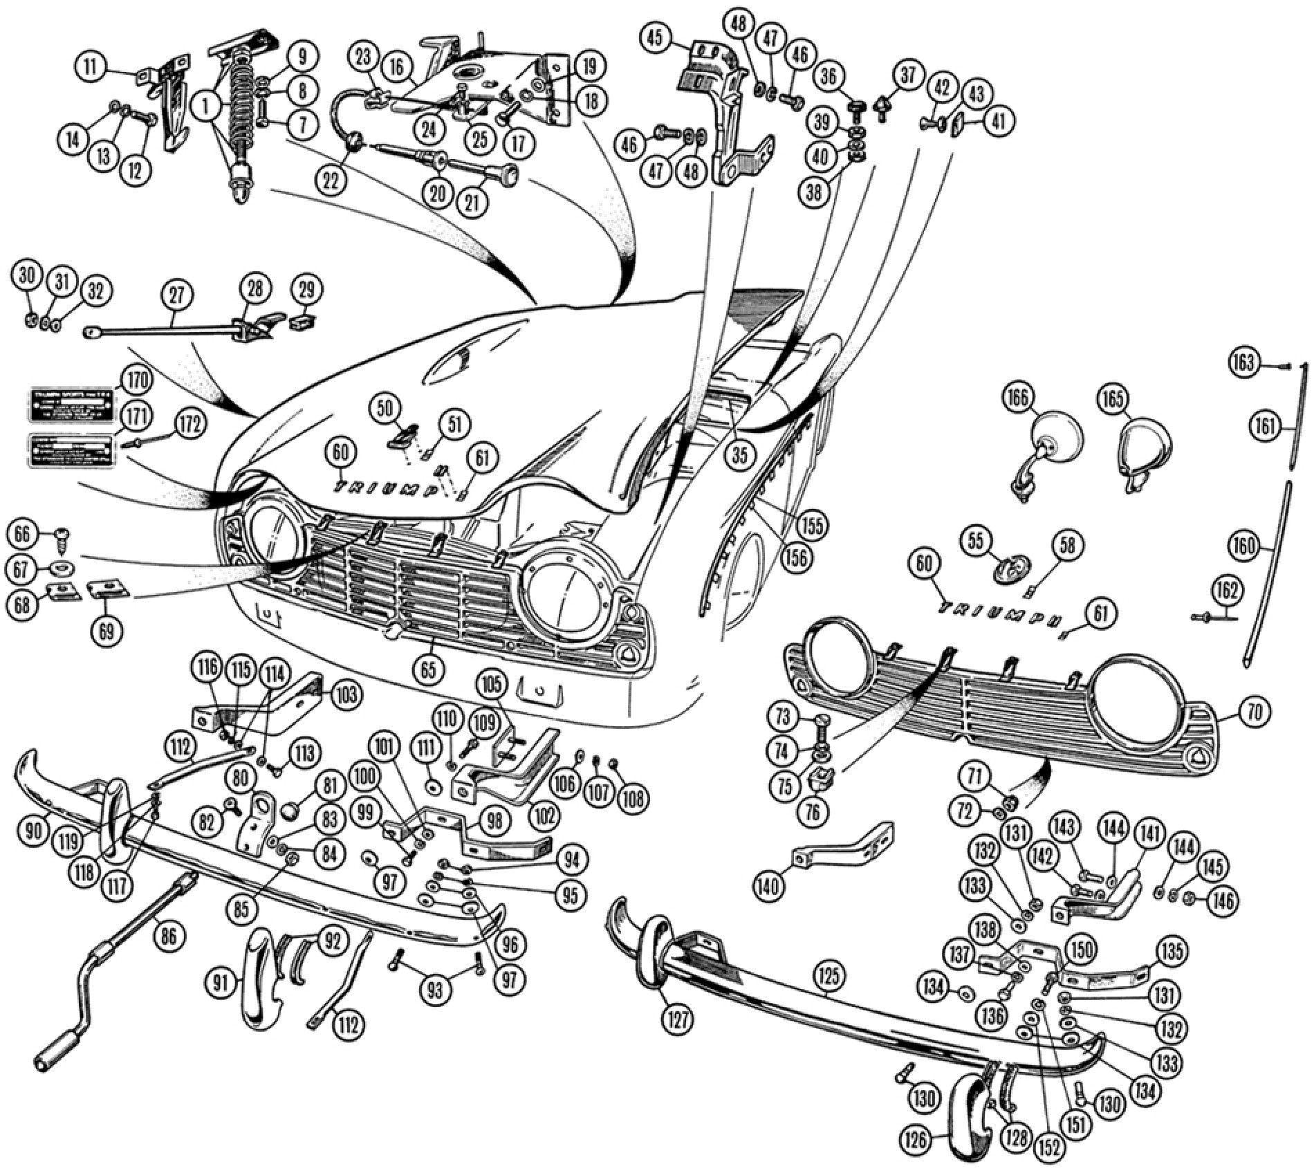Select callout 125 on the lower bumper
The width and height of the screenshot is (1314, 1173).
[830, 976]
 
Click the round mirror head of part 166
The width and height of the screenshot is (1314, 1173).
[1057, 438]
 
